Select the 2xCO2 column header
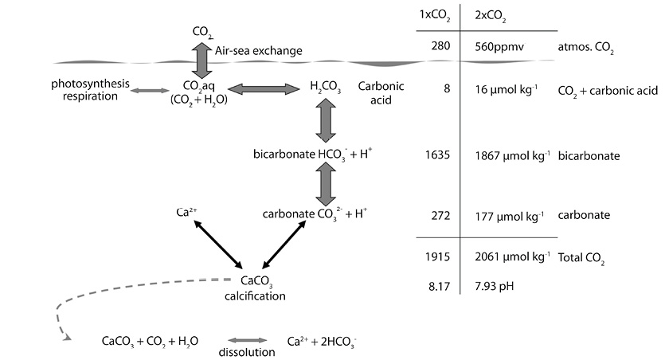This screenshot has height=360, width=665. pos(491,16)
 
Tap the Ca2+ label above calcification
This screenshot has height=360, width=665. pos(184,213)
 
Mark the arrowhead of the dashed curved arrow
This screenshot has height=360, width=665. pos(65,338)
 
